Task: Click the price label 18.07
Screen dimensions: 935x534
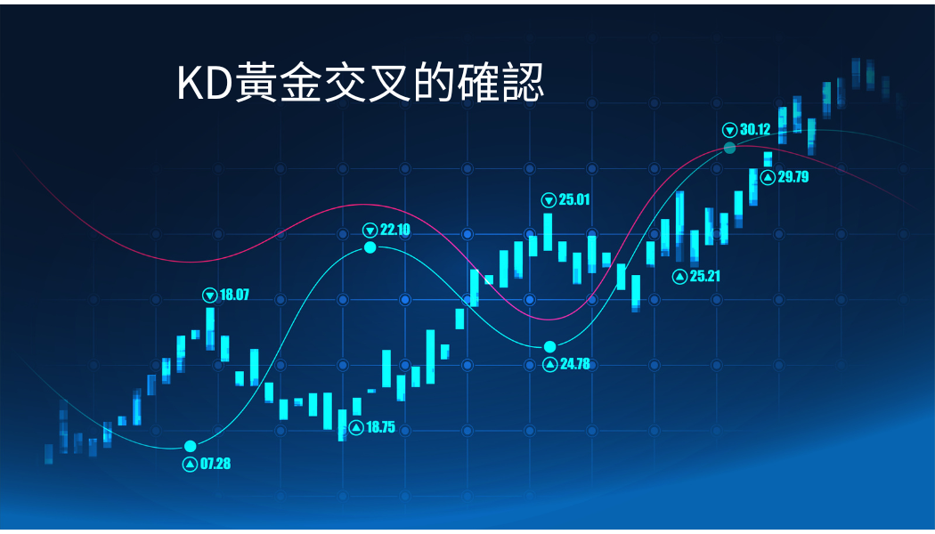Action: [x=234, y=295]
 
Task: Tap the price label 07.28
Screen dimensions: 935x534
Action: [x=215, y=464]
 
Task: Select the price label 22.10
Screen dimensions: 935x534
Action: [x=395, y=230]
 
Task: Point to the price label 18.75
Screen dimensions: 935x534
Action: [x=380, y=427]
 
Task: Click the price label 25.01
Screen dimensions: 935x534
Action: [x=574, y=199]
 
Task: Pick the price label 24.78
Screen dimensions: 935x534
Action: [x=575, y=363]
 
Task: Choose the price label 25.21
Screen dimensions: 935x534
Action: [x=705, y=276]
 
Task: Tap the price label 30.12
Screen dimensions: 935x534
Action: [x=755, y=129]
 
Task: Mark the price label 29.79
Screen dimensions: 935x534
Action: [x=793, y=176]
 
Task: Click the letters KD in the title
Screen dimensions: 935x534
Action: [x=203, y=84]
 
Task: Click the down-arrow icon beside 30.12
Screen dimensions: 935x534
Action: [x=730, y=130]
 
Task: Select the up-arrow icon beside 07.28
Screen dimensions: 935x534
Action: [x=190, y=465]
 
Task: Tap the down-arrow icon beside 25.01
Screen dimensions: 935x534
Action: [x=549, y=200]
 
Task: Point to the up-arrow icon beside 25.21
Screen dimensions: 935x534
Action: [x=679, y=277]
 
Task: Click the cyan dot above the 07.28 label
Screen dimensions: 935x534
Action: [x=191, y=447]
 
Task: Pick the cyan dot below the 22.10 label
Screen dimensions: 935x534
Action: [x=370, y=247]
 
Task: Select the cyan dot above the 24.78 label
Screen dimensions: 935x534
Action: [x=549, y=347]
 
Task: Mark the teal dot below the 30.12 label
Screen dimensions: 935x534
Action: [x=730, y=148]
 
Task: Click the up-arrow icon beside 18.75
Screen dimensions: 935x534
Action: [x=356, y=428]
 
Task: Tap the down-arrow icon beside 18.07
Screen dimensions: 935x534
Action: [x=210, y=295]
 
